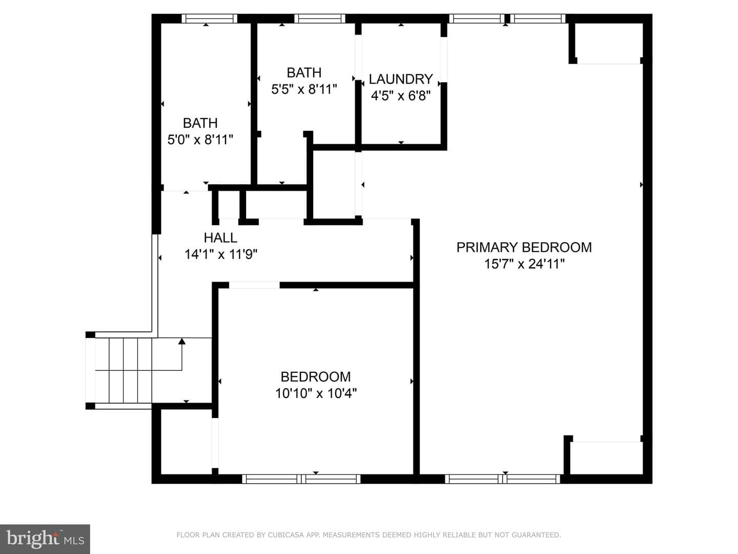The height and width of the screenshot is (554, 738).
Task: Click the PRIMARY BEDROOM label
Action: (x=524, y=247)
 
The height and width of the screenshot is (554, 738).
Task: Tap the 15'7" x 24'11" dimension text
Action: (x=524, y=264)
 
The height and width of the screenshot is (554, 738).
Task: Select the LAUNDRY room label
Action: (x=401, y=79)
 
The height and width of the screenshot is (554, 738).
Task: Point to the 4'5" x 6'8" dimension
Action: (x=401, y=96)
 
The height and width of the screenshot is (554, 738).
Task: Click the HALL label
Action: (x=220, y=238)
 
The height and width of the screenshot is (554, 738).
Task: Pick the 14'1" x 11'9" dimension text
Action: (x=221, y=254)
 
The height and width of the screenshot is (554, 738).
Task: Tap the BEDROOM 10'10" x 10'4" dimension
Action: (x=316, y=393)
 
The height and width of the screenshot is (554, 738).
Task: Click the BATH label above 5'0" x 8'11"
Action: (x=200, y=123)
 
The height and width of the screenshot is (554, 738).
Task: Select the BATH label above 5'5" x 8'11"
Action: (x=304, y=73)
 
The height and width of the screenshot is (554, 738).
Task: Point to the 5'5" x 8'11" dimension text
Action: (x=304, y=89)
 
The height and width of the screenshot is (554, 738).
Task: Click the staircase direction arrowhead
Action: (x=182, y=342)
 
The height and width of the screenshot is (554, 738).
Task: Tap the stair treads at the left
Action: (x=124, y=370)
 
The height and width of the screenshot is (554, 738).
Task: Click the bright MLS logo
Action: (x=45, y=539)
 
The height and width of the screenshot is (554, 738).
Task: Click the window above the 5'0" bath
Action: (x=210, y=18)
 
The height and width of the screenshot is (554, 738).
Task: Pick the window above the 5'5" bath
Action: (x=320, y=18)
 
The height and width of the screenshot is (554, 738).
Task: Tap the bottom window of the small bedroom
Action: (x=301, y=479)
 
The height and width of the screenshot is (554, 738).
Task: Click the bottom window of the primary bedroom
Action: (x=503, y=479)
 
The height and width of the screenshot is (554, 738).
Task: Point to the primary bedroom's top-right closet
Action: (x=608, y=43)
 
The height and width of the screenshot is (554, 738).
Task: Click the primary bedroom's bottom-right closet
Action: (x=606, y=458)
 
